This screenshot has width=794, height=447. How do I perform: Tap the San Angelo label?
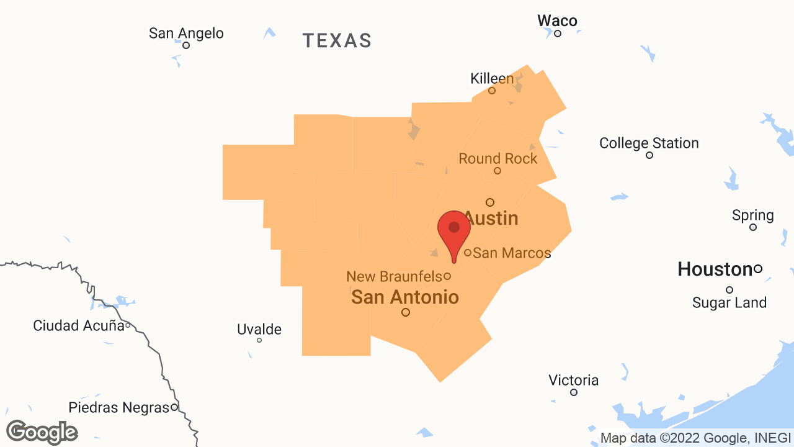[186, 33]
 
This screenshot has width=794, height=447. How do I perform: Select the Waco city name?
[557, 20]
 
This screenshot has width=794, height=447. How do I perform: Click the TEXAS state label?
[337, 41]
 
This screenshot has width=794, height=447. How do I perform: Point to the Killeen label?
[492, 79]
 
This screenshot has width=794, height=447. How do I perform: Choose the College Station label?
[649, 143]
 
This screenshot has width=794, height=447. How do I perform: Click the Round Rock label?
[498, 159]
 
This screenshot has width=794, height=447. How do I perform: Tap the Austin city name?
[491, 219]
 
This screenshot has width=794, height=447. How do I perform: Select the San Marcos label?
[512, 253]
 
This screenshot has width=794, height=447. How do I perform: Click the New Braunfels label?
[395, 276]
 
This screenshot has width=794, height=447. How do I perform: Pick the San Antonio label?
[405, 297]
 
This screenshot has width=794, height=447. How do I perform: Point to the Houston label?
[715, 269]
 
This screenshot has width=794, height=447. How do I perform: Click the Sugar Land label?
[729, 303]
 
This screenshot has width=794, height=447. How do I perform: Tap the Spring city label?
[753, 215]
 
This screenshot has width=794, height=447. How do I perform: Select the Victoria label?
[574, 380]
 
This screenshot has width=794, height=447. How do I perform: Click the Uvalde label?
[259, 330]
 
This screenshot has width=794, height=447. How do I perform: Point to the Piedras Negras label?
[118, 408]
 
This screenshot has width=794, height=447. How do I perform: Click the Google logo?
[42, 432]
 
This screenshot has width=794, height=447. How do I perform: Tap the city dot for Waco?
[558, 34]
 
